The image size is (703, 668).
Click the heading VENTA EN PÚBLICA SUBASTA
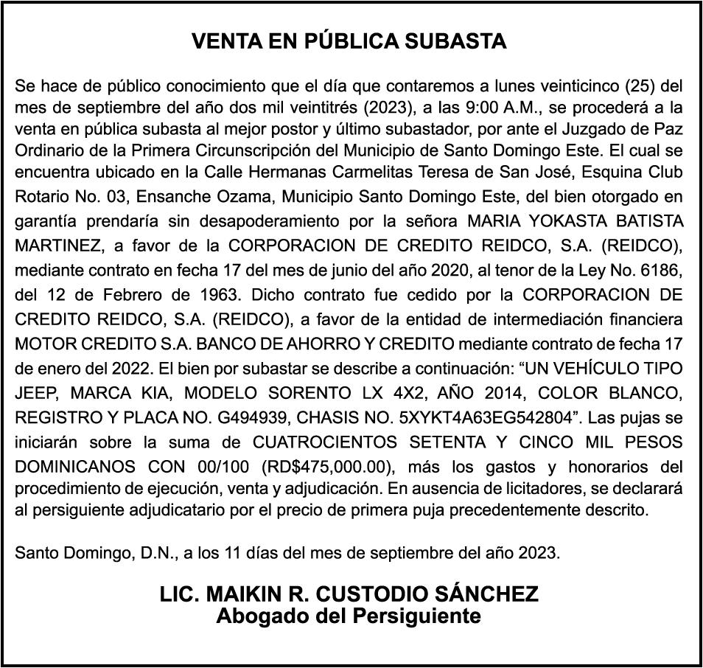coord(349,41)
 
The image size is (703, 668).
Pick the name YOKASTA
coord(566,221)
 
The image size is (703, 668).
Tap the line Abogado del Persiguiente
coord(349,615)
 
